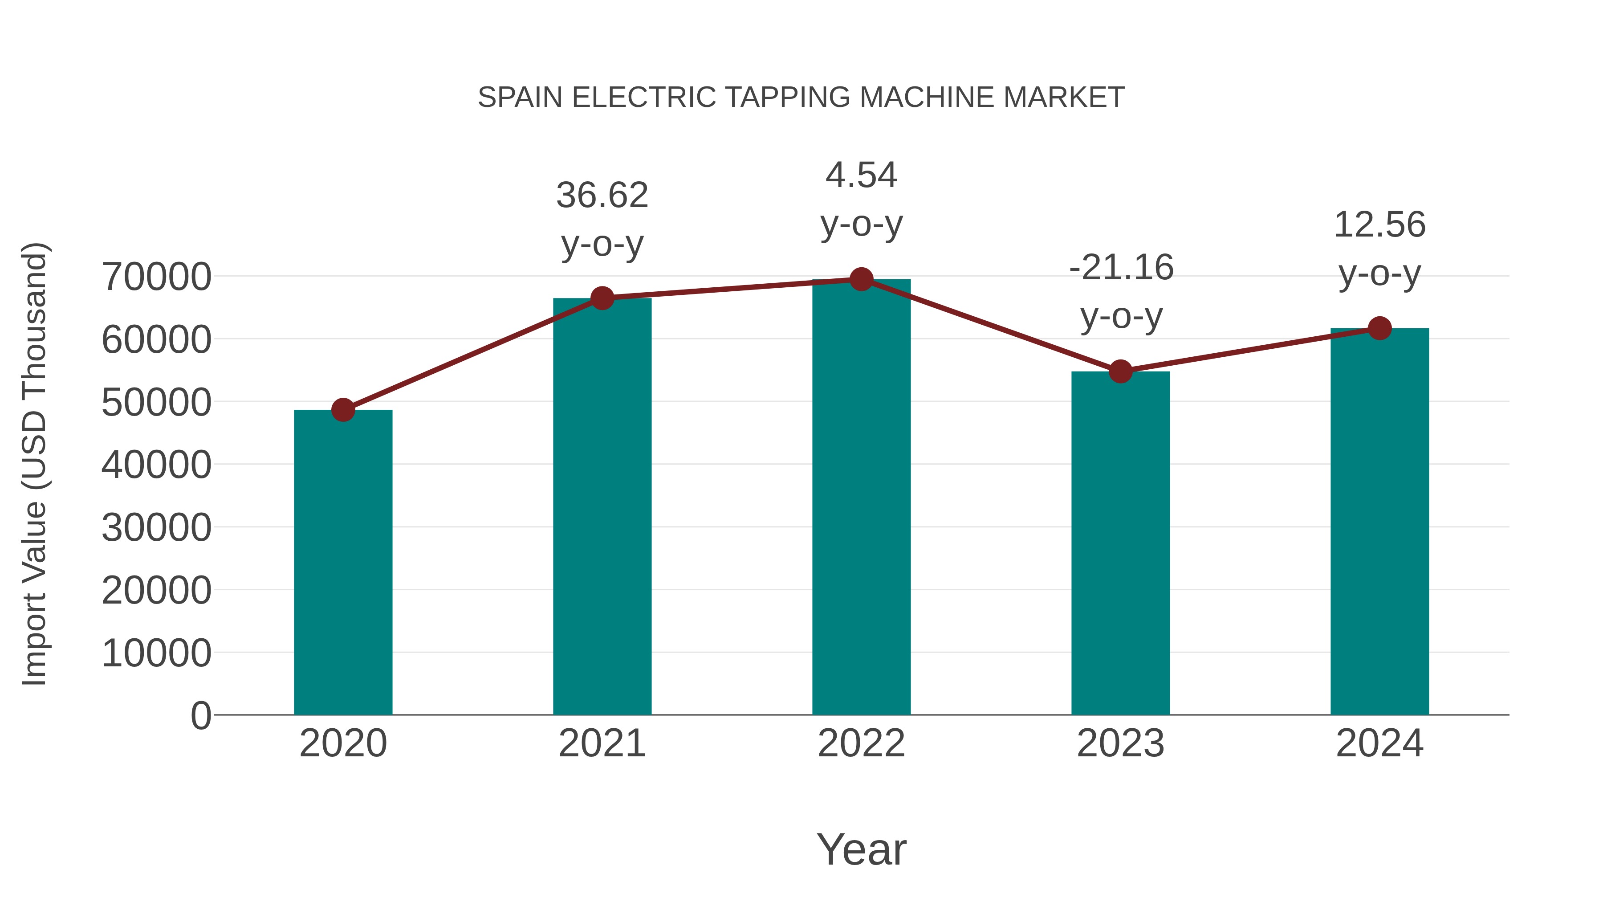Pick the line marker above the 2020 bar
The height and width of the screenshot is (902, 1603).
point(343,410)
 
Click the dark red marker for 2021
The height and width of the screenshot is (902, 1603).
point(602,298)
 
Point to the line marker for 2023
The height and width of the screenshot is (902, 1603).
point(1120,371)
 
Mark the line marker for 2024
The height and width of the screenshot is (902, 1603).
point(1379,328)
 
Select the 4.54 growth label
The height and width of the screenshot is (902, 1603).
point(861,199)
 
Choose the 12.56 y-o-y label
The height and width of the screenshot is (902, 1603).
point(1379,249)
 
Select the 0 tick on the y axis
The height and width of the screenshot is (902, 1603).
point(201,715)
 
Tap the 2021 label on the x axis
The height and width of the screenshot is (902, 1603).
point(602,743)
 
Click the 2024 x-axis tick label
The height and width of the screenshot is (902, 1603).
point(1379,743)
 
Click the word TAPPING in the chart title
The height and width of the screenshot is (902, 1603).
point(788,97)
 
